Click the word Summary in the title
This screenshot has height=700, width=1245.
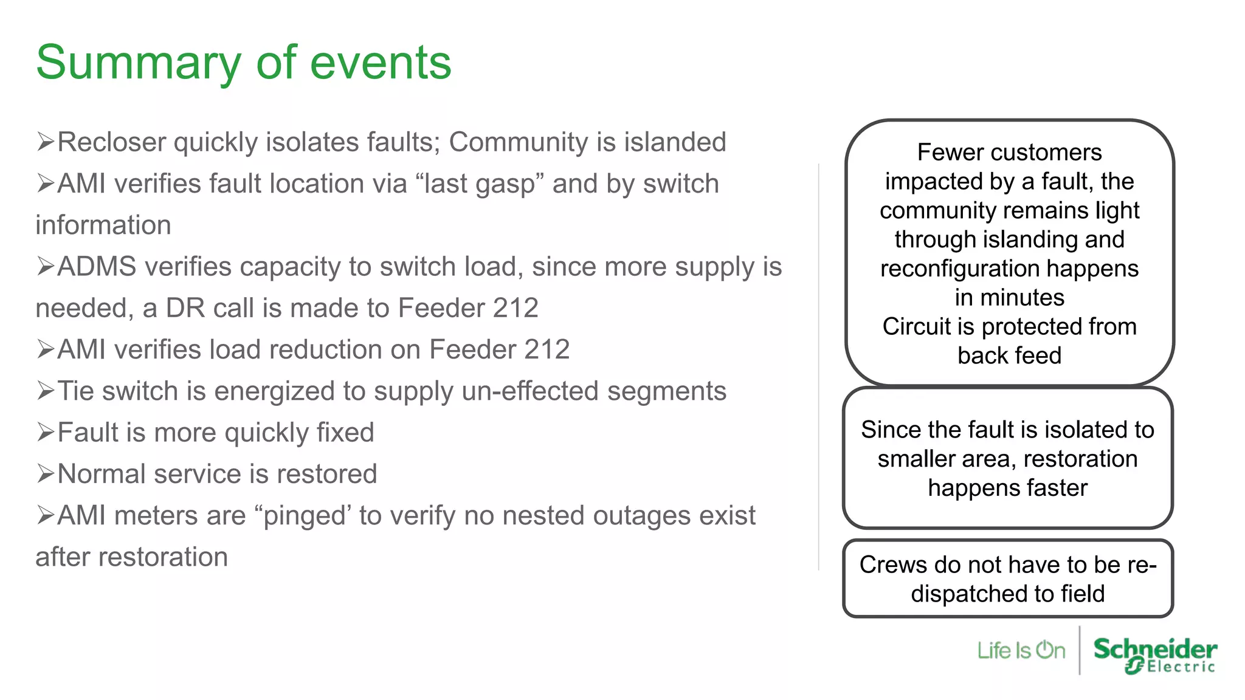pyautogui.click(x=138, y=64)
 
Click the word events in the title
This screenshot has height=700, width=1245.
pyautogui.click(x=381, y=64)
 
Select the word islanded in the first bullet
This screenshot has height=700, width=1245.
pyautogui.click(x=675, y=142)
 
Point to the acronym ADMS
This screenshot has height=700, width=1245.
pyautogui.click(x=97, y=267)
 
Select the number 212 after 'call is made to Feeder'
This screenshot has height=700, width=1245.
pyautogui.click(x=516, y=308)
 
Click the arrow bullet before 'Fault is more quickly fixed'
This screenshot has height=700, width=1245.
pyautogui.click(x=46, y=432)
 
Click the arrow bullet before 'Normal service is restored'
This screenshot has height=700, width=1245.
pyautogui.click(x=46, y=473)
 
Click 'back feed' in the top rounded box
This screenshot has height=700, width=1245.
pyautogui.click(x=1009, y=355)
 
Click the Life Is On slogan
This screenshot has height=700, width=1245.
pyautogui.click(x=1021, y=651)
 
